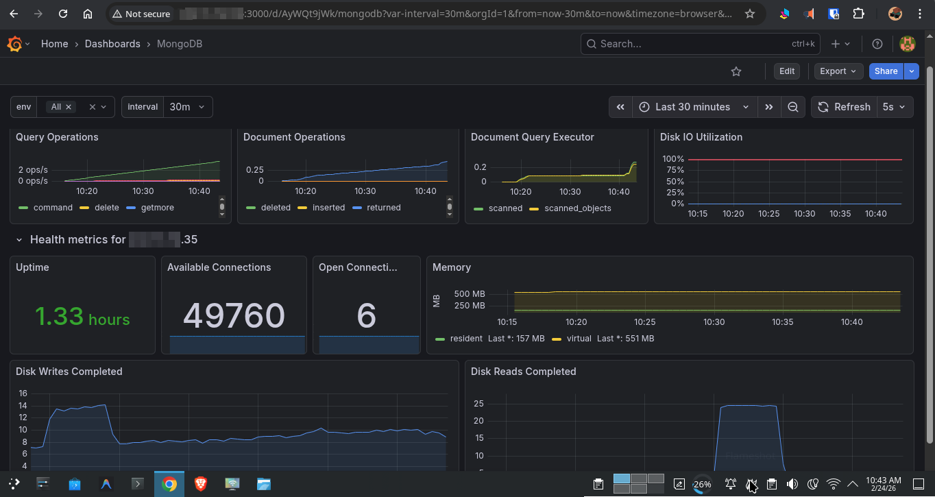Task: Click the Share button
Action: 886,71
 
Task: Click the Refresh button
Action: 845,107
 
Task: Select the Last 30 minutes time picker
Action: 692,107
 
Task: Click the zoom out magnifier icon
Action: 792,107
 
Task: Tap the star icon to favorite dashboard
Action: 736,71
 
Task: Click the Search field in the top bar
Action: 692,44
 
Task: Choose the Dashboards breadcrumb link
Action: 112,44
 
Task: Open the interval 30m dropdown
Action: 187,107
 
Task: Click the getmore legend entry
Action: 157,208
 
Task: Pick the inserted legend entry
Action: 328,208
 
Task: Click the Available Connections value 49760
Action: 234,315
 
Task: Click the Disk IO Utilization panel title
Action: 701,137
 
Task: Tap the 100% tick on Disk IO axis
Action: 672,159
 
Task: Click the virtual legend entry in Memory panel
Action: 579,339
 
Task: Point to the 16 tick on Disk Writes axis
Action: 23,393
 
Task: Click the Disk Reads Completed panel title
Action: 523,372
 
